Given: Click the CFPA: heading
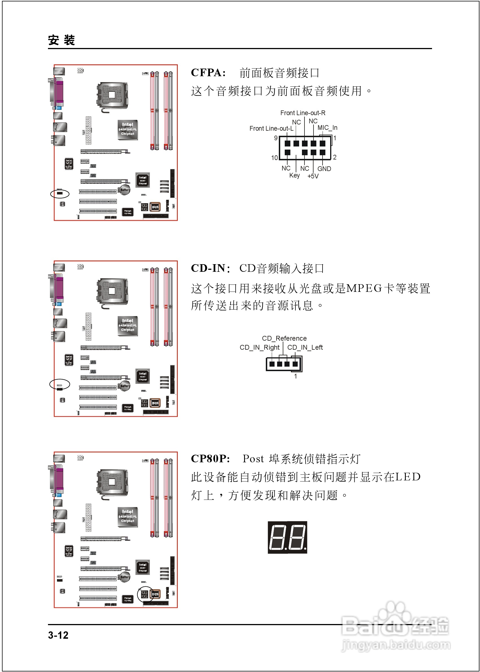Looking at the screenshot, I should (208, 73).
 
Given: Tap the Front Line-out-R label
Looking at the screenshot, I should (303, 113).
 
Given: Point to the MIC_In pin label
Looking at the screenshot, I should (327, 128).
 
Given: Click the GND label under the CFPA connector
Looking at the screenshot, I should (324, 169).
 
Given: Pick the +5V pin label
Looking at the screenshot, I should (313, 176).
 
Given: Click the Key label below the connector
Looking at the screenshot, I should (294, 175).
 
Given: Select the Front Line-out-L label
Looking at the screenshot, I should (271, 129).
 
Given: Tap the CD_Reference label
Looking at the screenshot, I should (284, 338).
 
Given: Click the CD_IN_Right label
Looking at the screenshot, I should (259, 347).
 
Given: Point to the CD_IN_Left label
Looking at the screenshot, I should (305, 347).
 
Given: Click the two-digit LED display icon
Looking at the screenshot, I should (287, 537).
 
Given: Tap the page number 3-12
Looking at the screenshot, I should (58, 635).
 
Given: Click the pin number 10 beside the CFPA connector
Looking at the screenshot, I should (274, 158).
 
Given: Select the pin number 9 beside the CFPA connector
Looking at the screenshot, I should (275, 138).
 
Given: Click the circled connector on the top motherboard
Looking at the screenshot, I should (60, 194).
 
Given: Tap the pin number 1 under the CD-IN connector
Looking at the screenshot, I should (295, 376).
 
